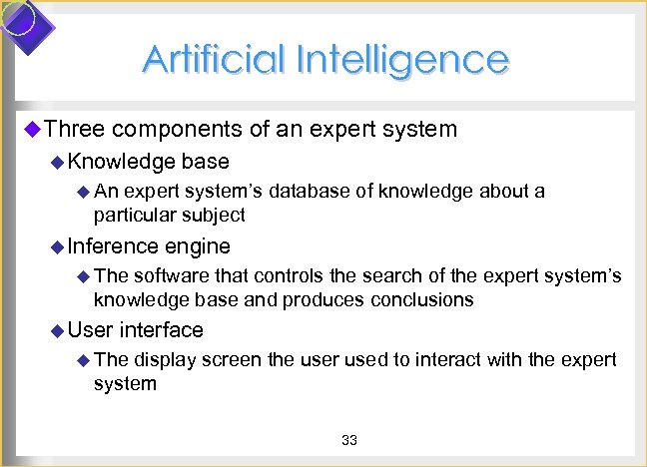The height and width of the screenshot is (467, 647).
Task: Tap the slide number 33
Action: tap(349, 441)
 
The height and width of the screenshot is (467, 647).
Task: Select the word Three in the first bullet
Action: tap(75, 129)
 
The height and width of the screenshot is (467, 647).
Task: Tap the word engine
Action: tap(198, 246)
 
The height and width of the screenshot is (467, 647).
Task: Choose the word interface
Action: tap(162, 329)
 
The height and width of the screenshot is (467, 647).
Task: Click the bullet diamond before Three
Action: tap(30, 129)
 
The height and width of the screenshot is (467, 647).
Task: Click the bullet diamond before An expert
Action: tap(83, 192)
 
